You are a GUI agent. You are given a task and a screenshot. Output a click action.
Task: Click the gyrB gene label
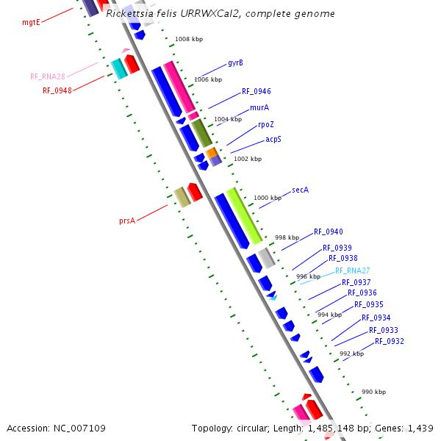coord(235,63)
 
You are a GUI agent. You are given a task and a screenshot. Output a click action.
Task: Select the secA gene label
coord(300,190)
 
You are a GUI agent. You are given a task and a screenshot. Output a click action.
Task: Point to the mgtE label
coord(31,23)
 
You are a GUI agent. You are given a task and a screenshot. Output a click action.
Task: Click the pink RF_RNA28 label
coord(48,76)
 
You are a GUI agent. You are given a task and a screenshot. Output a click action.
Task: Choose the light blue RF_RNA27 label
coord(353,270)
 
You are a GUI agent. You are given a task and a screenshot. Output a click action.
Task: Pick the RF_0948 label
coord(57,91)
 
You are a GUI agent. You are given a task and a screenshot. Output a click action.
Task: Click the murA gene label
coord(259,107)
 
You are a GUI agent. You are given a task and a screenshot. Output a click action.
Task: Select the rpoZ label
coord(266,125)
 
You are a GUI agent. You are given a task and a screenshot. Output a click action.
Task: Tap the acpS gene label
coord(273,139)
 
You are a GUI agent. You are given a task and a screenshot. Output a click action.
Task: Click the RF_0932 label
coord(389,341)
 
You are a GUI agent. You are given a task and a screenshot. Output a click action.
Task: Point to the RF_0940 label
coord(328,232)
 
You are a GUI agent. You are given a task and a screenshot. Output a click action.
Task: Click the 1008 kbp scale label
coord(189,39)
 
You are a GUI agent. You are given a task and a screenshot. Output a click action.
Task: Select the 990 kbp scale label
coord(373,392)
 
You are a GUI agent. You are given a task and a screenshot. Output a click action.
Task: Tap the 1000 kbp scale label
coord(268,198)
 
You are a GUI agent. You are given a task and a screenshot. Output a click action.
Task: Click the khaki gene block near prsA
coord(182,196)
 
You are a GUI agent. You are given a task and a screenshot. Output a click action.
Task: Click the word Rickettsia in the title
coord(129,14)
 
